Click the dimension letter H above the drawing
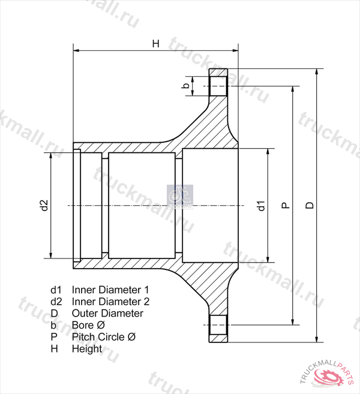click(x=156, y=43)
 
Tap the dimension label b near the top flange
click(x=186, y=86)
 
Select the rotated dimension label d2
click(x=44, y=205)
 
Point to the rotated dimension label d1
click(x=262, y=206)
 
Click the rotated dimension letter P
click(x=286, y=206)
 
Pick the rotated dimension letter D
click(x=310, y=205)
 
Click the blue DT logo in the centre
click(x=180, y=197)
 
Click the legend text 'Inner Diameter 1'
click(x=110, y=290)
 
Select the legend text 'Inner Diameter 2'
click(x=110, y=302)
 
